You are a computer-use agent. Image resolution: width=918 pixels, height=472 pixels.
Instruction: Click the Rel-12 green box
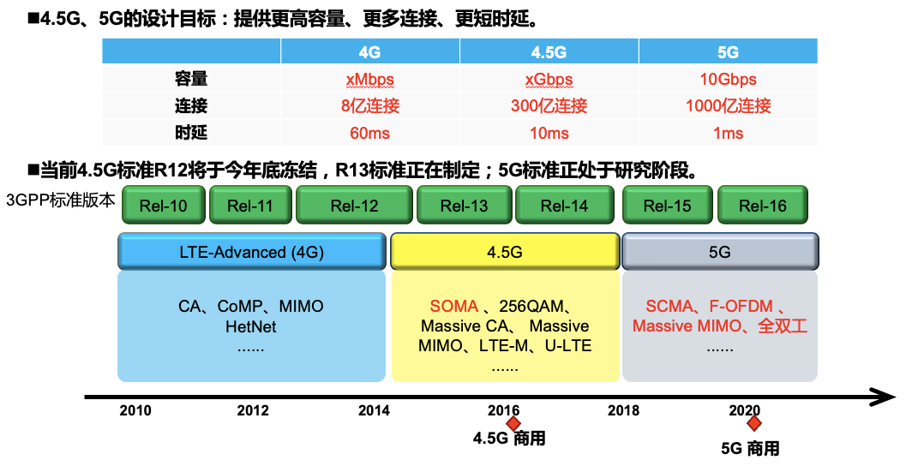click(354, 206)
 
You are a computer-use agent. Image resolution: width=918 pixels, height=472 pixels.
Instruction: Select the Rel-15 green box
click(667, 206)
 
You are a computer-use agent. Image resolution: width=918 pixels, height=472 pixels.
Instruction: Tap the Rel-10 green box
click(162, 206)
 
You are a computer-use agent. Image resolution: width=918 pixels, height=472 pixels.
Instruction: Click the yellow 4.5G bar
click(504, 253)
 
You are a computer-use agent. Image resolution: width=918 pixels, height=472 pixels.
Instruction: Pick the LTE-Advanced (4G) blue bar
click(251, 253)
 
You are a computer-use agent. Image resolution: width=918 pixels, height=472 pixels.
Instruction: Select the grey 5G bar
click(720, 253)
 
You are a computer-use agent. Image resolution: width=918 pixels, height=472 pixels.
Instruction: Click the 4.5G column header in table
click(549, 52)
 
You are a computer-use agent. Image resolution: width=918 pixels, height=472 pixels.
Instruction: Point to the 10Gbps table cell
click(728, 80)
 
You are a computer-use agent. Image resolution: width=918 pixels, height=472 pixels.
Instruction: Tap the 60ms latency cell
click(369, 134)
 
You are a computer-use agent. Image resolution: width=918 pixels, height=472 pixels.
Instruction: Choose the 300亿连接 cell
click(549, 106)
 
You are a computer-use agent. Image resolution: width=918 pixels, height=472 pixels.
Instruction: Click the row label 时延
click(191, 134)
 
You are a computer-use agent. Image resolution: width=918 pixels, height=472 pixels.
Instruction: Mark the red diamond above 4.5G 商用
click(513, 423)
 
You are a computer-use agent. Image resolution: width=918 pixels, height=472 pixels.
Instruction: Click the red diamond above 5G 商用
click(754, 423)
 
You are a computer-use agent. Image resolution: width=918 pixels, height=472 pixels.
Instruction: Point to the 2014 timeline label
click(374, 410)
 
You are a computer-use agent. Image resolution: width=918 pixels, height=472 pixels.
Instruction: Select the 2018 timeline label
click(623, 410)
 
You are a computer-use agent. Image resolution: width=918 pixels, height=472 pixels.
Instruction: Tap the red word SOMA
click(454, 306)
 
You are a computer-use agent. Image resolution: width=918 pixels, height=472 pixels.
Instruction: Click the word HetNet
click(251, 326)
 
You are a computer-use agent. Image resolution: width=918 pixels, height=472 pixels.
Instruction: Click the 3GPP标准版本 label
click(60, 200)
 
